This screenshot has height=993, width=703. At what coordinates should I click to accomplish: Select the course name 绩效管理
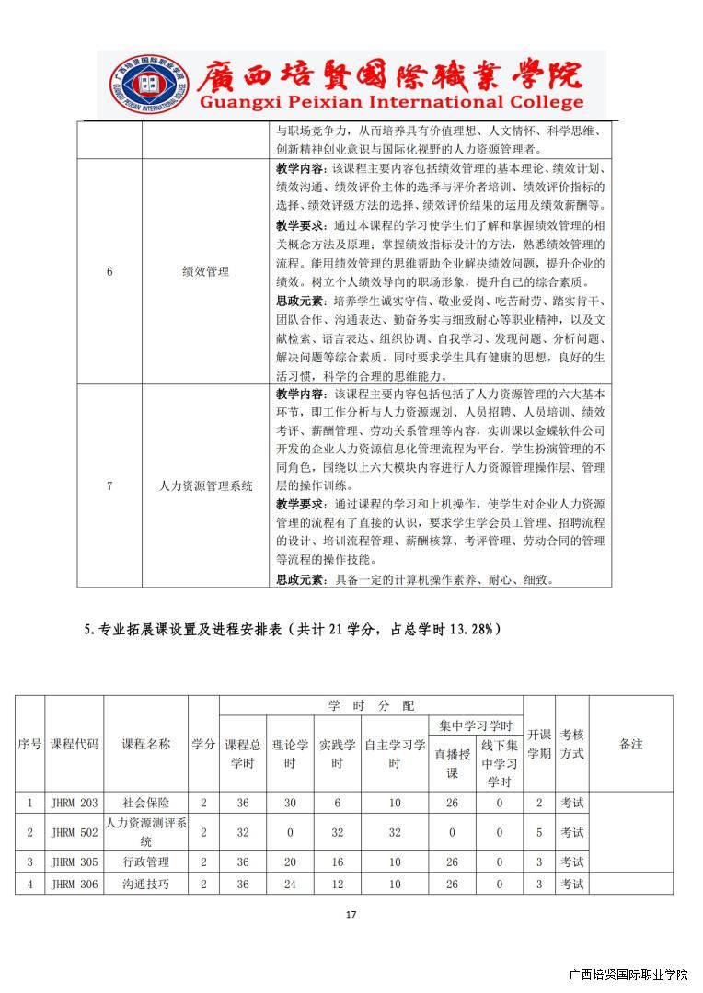pos(205,272)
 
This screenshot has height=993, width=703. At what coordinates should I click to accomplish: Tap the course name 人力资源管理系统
pos(205,486)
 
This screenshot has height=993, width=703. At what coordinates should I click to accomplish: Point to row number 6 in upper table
pos(109,272)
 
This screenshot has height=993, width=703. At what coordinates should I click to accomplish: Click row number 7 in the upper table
pos(109,486)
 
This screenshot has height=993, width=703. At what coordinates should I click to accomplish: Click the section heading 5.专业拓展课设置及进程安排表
pos(293,629)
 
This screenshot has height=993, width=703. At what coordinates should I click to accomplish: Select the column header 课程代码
pos(75,744)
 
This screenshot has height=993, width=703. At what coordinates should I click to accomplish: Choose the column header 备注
pos(630,744)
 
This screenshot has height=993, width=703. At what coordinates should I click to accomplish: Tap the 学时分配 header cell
pos(371,705)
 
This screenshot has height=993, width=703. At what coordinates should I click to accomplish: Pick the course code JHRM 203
pos(75,803)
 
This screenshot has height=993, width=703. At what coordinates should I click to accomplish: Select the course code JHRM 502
pos(75,832)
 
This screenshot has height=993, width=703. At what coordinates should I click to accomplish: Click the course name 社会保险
pos(145,803)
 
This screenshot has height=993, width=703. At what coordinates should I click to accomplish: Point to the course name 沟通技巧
pos(145,884)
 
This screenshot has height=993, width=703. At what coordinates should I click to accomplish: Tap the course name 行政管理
pos(145,862)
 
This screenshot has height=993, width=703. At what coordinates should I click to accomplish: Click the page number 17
pos(351,914)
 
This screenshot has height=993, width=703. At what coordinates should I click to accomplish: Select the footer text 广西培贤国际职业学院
pos(628,975)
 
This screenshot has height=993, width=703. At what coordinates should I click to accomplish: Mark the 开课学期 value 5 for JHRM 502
pos(539,832)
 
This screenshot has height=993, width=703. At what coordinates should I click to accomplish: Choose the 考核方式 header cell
pos(571,744)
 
